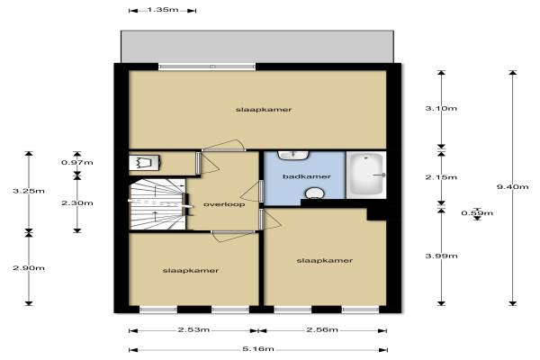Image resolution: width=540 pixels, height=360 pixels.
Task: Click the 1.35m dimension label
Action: click(x=163, y=10)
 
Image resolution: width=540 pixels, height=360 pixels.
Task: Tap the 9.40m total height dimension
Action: click(x=512, y=186)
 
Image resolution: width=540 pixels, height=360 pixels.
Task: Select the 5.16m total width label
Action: click(x=258, y=349)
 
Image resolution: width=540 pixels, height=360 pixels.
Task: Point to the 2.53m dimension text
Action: click(x=193, y=329)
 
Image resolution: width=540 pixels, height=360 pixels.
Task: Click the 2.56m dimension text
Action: click(x=322, y=329)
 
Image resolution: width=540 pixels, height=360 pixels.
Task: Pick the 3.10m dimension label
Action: click(x=441, y=108)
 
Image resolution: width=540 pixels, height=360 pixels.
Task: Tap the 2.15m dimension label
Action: click(x=441, y=177)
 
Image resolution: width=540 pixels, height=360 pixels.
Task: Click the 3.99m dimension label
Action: click(x=441, y=256)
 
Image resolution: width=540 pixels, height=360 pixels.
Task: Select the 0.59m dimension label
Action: click(x=477, y=213)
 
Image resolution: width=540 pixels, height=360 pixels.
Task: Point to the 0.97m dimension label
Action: click(x=77, y=162)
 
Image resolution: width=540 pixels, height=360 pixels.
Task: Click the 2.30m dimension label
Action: click(x=77, y=202)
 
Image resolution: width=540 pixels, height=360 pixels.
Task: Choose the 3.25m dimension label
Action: click(x=29, y=191)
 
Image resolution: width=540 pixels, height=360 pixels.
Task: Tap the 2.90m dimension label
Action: click(x=29, y=267)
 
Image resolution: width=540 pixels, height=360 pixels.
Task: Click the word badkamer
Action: click(x=307, y=176)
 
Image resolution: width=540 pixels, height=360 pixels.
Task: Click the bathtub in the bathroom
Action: click(x=366, y=175)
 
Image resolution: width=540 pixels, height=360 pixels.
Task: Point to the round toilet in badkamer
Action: click(x=314, y=193)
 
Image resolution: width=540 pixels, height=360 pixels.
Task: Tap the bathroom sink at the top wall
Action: click(x=293, y=156)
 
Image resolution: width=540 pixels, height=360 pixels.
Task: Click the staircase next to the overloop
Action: click(x=157, y=204)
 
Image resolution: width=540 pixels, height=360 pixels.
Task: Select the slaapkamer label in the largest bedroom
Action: click(x=264, y=110)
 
